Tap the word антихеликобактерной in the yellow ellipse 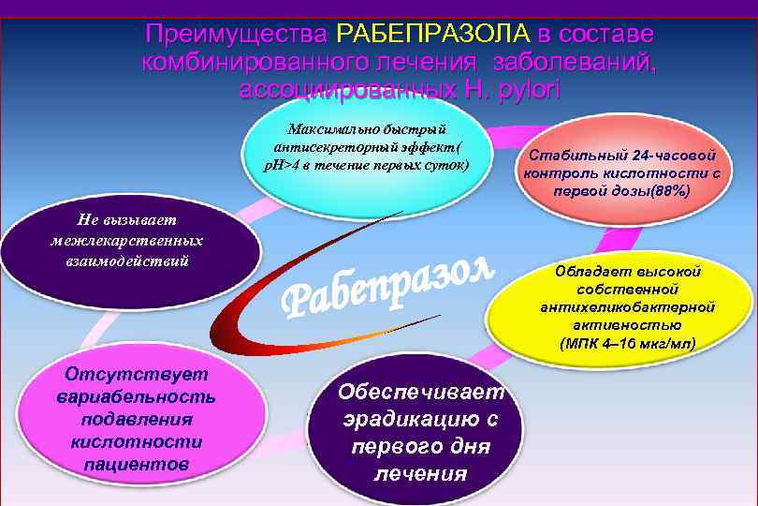tap(628, 306)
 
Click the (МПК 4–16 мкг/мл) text tap(628, 342)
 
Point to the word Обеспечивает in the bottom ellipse tap(420, 391)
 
